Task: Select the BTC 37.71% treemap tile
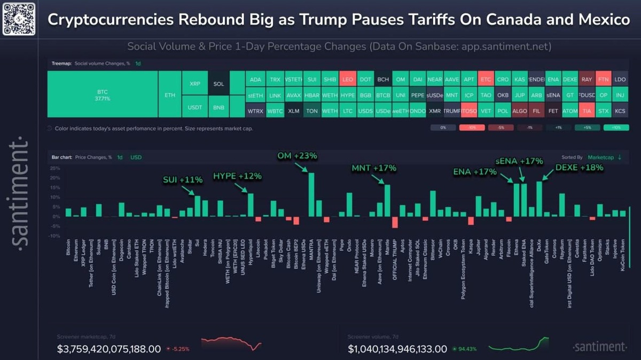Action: (103, 95)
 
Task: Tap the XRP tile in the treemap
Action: (195, 84)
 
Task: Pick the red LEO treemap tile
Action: (347, 80)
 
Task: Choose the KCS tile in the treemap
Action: (620, 112)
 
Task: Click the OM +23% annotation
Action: (297, 156)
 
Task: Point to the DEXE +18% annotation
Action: (579, 167)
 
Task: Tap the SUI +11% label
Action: (182, 180)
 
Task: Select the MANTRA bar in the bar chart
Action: (311, 194)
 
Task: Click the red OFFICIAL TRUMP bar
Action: (395, 222)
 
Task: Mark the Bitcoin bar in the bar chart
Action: (68, 213)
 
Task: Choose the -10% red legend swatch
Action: (472, 128)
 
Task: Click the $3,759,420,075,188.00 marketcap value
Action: (109, 349)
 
